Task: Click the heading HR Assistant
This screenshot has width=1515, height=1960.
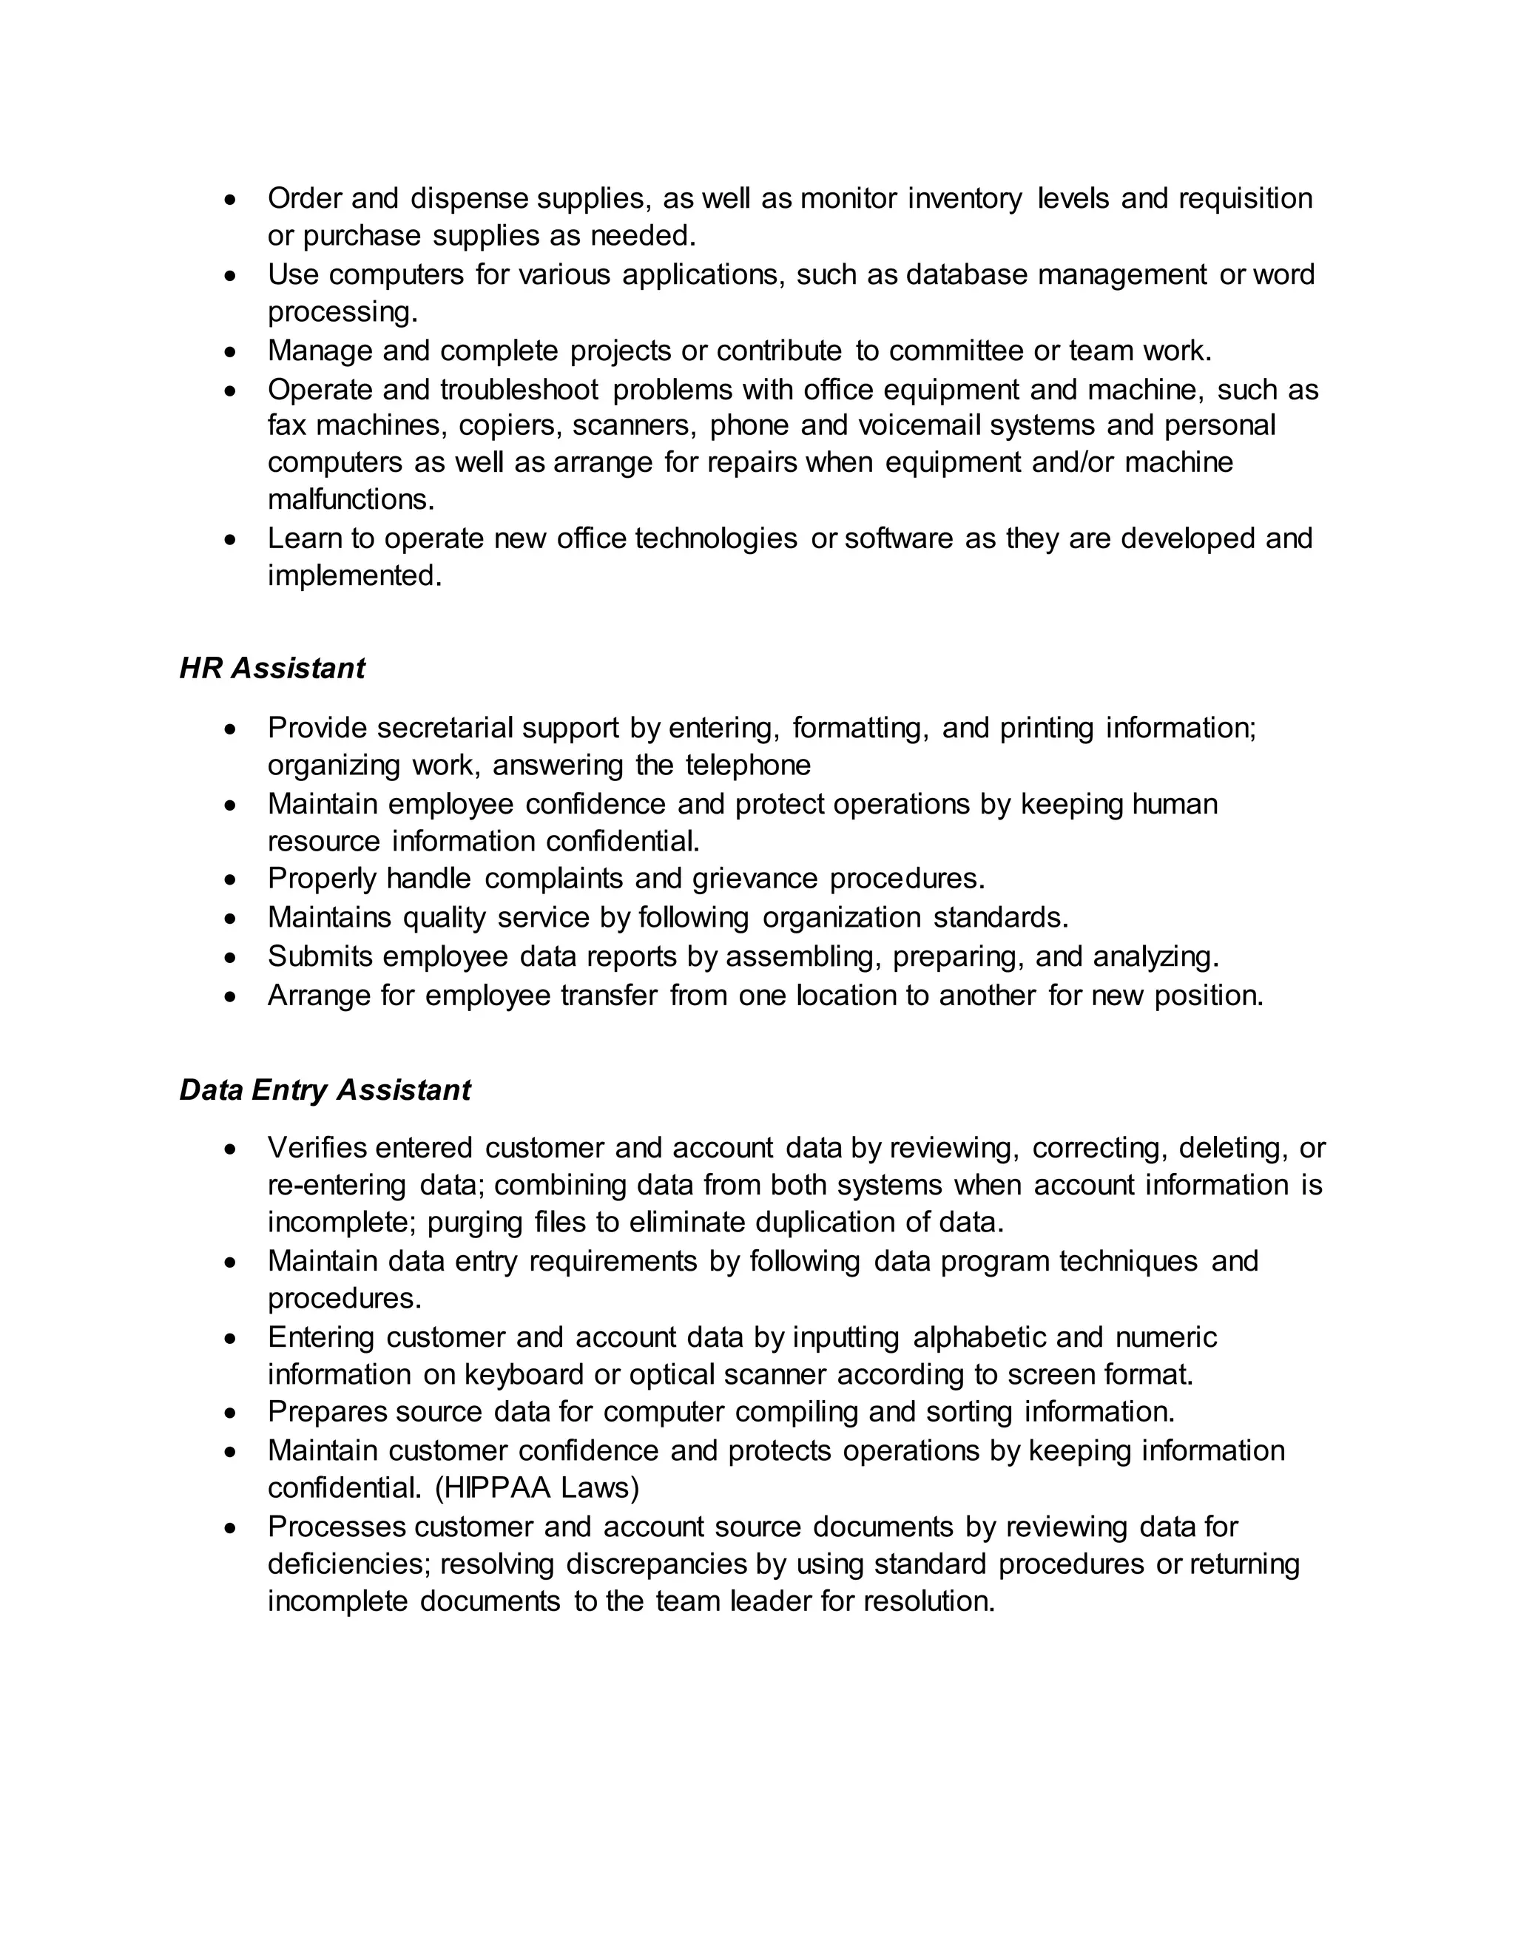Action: (x=272, y=669)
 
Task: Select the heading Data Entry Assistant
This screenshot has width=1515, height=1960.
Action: (x=325, y=1089)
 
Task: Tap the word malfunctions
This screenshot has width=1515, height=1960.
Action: (x=351, y=499)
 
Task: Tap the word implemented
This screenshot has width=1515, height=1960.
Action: (x=354, y=575)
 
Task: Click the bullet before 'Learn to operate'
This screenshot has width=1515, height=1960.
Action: (x=232, y=538)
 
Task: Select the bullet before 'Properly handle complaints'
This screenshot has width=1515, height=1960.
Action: (x=232, y=879)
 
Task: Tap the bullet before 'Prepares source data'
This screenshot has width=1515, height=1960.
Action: (x=232, y=1413)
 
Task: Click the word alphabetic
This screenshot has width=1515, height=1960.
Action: (x=978, y=1337)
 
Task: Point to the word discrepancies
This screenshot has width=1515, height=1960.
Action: (x=656, y=1564)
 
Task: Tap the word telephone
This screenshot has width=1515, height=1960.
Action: (x=748, y=766)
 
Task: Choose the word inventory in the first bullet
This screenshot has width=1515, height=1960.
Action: (x=965, y=198)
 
